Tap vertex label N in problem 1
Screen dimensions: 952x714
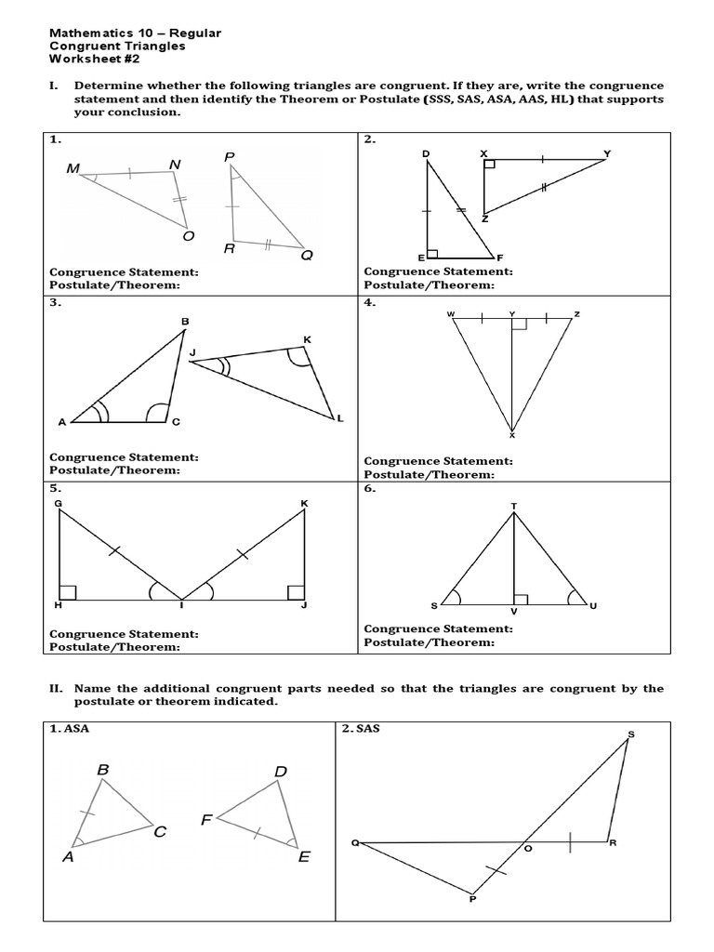pyautogui.click(x=174, y=165)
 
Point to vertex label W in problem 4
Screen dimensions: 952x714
pyautogui.click(x=451, y=313)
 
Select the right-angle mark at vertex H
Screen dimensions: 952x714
pyautogui.click(x=66, y=591)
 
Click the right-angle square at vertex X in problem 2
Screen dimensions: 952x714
pyautogui.click(x=489, y=165)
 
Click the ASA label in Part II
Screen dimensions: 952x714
pyautogui.click(x=76, y=729)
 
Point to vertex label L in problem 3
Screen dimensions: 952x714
pyautogui.click(x=340, y=419)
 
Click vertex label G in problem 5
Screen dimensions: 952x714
pyautogui.click(x=58, y=503)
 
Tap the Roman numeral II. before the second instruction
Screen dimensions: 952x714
pyautogui.click(x=56, y=688)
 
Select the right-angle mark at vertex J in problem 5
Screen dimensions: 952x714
pyautogui.click(x=296, y=591)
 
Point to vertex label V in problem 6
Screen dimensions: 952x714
pyautogui.click(x=513, y=613)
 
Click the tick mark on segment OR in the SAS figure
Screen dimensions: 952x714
pyautogui.click(x=570, y=842)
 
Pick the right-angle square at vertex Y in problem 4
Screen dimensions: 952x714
pyautogui.click(x=520, y=324)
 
